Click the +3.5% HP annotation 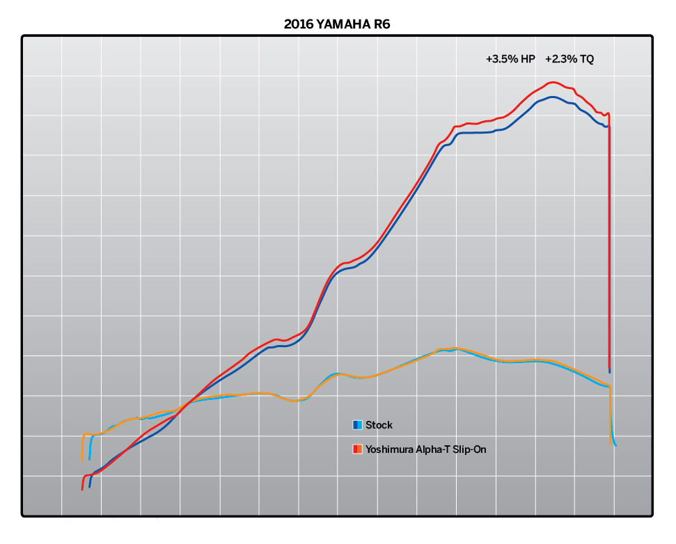(510, 60)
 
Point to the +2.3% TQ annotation (569, 60)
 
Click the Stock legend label (379, 425)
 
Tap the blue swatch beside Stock (357, 425)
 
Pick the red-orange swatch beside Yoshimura (357, 449)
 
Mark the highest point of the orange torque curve (455, 348)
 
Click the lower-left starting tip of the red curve (82, 490)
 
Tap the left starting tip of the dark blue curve (90, 486)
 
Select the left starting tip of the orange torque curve (82, 461)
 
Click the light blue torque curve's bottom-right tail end (615, 445)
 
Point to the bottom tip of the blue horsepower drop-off (610, 371)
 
